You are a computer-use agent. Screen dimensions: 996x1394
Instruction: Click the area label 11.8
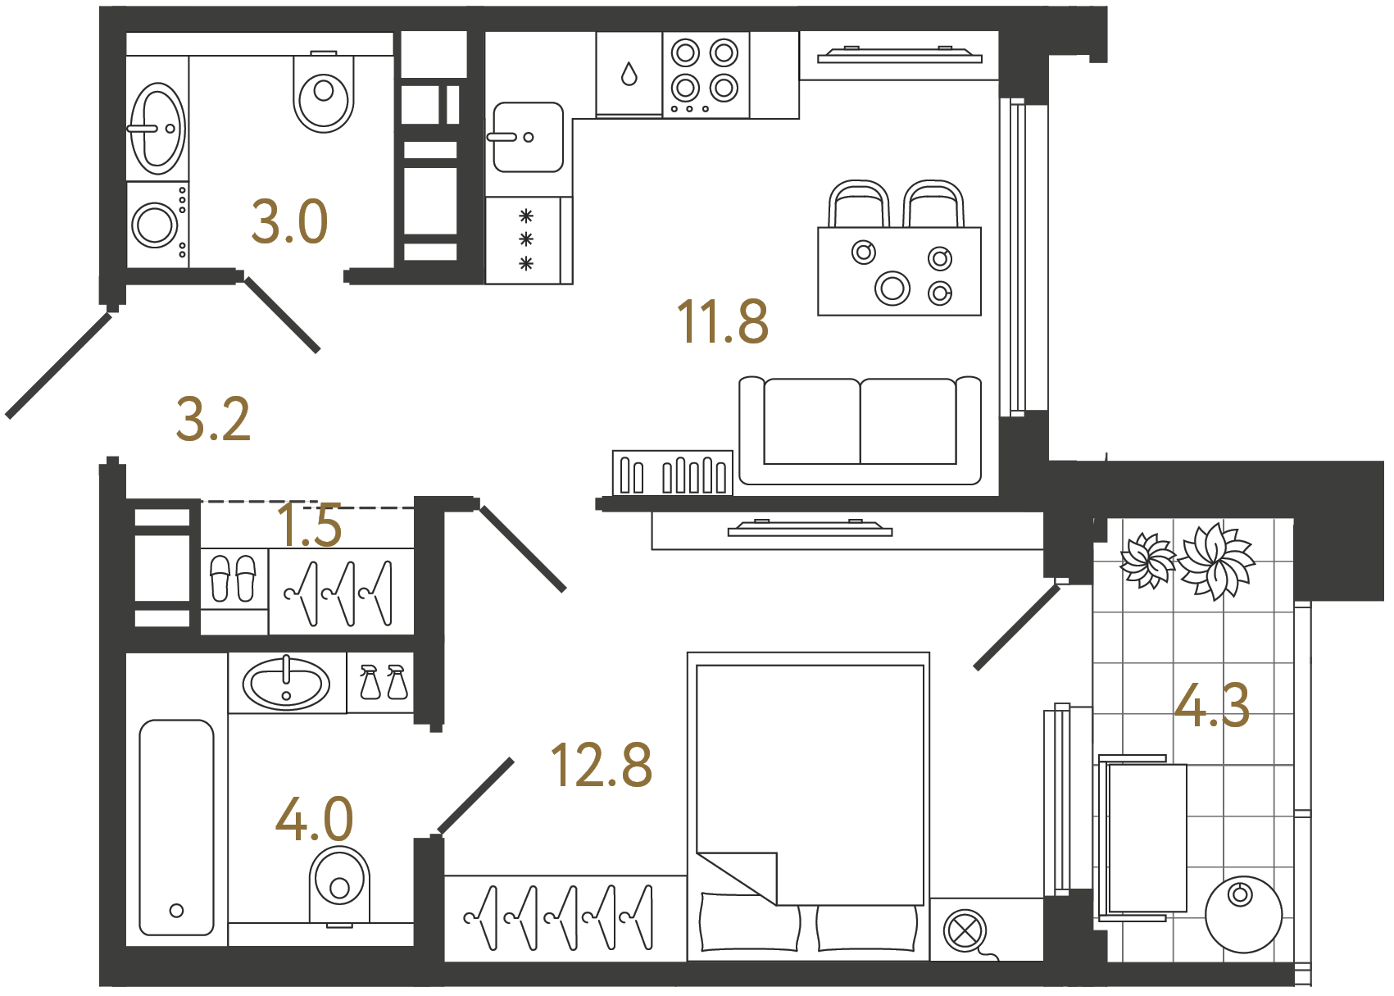tap(722, 321)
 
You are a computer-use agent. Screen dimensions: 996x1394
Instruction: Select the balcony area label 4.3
tap(1211, 706)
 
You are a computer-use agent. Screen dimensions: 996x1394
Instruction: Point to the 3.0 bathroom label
tap(289, 222)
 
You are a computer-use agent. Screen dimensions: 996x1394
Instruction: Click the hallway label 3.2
tap(213, 420)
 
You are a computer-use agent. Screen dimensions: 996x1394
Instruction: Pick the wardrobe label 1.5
tap(309, 525)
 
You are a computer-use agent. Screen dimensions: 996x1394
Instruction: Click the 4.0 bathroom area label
tap(314, 819)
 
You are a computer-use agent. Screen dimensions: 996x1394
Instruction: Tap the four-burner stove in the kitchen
tap(705, 75)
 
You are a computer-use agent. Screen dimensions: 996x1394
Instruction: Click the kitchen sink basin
tap(528, 137)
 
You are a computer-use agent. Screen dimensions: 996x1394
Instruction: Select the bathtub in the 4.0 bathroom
tap(176, 827)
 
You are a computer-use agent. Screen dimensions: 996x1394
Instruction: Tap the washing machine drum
tap(154, 225)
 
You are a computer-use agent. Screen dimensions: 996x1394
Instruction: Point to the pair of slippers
tap(234, 578)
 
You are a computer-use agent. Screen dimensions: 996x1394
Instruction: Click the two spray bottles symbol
tap(383, 682)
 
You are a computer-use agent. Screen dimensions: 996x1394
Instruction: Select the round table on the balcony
tap(1242, 914)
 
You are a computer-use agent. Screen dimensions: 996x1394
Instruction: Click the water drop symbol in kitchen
tap(629, 75)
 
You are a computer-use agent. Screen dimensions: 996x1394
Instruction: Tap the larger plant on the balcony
tap(1217, 560)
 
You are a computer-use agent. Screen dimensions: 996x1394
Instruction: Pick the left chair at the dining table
tap(858, 204)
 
